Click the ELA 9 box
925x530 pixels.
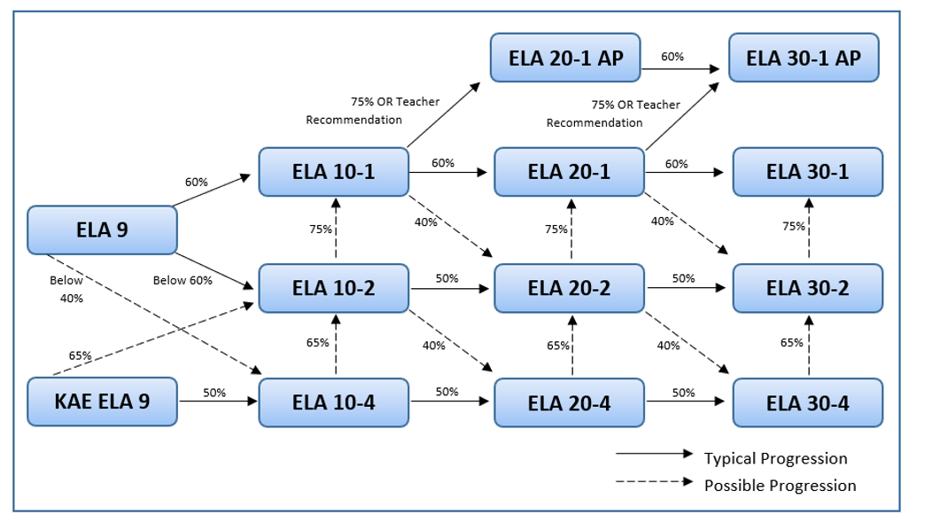tap(102, 230)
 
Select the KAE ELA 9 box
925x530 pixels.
tap(102, 401)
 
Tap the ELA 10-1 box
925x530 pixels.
tap(333, 171)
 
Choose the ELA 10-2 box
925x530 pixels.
tap(333, 287)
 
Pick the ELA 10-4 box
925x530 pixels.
tap(333, 402)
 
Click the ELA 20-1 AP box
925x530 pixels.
tap(566, 58)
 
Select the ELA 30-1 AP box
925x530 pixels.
tap(803, 58)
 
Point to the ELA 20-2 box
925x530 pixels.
tap(569, 287)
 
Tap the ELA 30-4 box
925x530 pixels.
tap(807, 402)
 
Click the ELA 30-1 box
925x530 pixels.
tap(807, 171)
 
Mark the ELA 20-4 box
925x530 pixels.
tap(569, 402)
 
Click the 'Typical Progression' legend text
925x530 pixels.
tap(775, 458)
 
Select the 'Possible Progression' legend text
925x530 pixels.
tap(780, 486)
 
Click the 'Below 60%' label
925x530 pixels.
tap(183, 281)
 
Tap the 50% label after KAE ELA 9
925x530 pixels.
tap(214, 393)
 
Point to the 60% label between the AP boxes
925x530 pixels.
tap(672, 57)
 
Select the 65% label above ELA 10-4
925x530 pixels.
tap(317, 342)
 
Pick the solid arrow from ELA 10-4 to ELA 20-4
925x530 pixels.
tap(449, 401)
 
